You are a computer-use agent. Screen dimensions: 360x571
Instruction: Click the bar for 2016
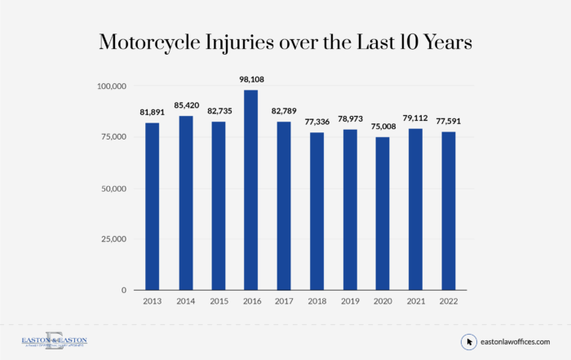coord(251,189)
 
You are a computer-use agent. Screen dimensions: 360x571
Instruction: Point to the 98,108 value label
coord(251,79)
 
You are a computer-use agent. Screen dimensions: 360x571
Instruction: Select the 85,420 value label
coord(185,105)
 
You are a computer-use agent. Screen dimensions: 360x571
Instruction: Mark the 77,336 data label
coord(317,122)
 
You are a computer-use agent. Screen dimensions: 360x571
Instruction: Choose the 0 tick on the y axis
coord(123,290)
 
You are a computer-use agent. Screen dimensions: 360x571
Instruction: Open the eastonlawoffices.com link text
coord(515,341)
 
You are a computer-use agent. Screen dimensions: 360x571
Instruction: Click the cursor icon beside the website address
coord(469,341)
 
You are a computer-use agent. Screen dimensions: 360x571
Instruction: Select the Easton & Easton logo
coord(54,341)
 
